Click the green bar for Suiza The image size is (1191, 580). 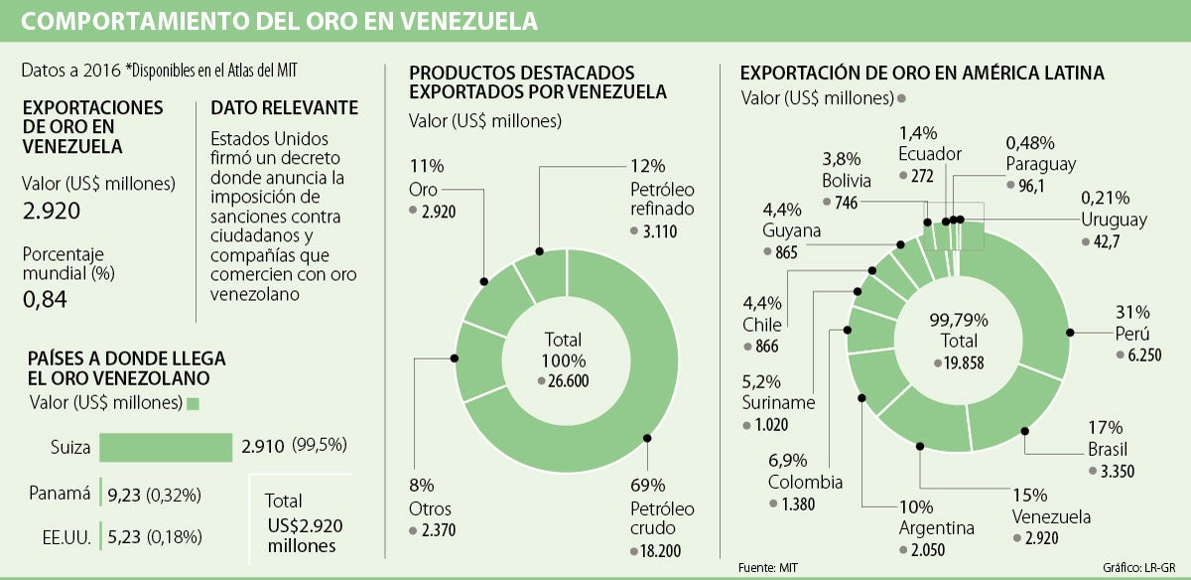[166, 448]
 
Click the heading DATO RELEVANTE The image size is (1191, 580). [285, 108]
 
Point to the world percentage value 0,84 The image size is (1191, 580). [44, 298]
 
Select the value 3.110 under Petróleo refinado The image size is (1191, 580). [659, 230]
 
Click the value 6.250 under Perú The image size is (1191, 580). [1141, 355]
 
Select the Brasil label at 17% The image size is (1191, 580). [1104, 449]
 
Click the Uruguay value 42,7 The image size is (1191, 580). [1106, 241]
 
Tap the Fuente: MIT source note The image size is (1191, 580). [767, 567]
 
